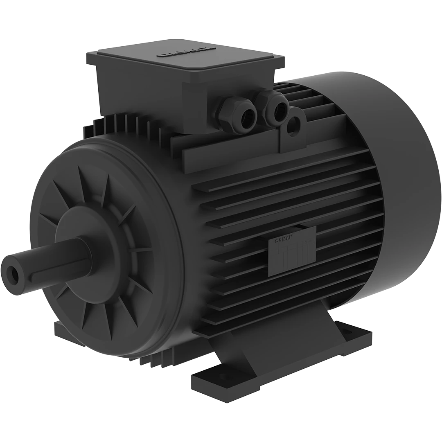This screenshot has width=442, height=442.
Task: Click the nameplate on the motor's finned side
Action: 291,250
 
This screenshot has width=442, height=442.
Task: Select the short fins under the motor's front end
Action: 164,360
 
